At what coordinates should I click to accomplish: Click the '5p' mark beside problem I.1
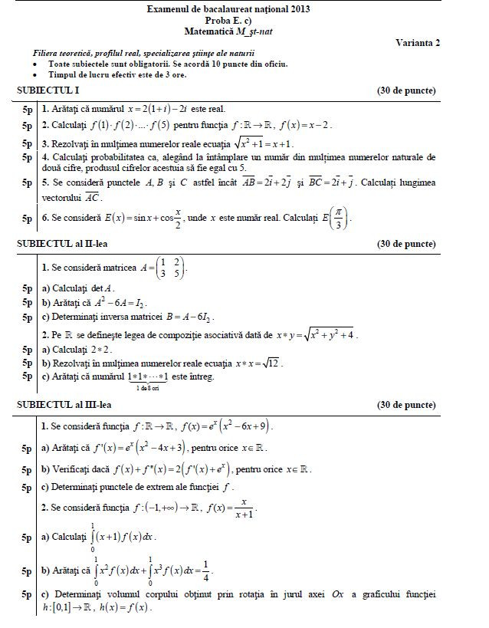tap(28, 109)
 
